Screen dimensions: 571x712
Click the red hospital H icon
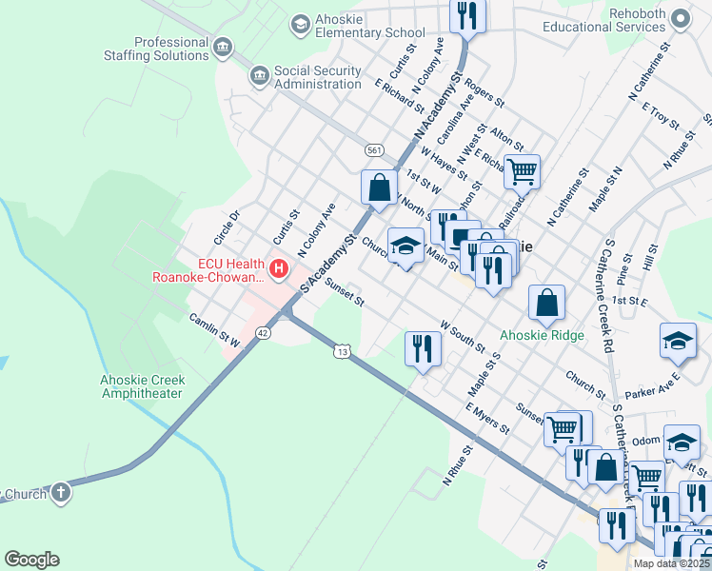click(279, 270)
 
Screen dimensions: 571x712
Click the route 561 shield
click(374, 150)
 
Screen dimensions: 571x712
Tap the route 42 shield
click(264, 332)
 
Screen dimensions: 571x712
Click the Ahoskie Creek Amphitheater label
click(143, 387)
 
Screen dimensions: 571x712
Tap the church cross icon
click(60, 493)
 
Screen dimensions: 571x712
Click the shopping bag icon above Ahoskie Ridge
click(547, 304)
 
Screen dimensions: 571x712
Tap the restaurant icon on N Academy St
click(467, 14)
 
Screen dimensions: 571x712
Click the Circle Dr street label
click(227, 226)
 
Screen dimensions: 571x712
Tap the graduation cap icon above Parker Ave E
click(678, 342)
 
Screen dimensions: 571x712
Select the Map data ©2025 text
click(671, 563)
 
